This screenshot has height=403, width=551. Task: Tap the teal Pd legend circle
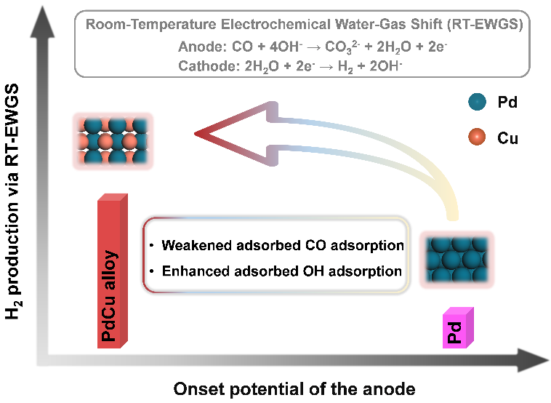click(x=475, y=104)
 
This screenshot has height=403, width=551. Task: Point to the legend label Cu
click(x=507, y=137)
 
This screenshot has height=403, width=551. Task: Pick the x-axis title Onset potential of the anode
click(x=294, y=388)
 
